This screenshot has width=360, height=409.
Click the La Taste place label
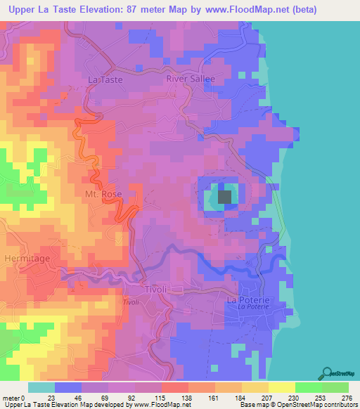tap(105, 80)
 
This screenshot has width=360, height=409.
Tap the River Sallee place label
tap(190, 79)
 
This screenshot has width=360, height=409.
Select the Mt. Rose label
tap(103, 194)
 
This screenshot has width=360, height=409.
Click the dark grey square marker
tap(225, 197)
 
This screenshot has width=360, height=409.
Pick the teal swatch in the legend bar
tap(41, 387)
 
